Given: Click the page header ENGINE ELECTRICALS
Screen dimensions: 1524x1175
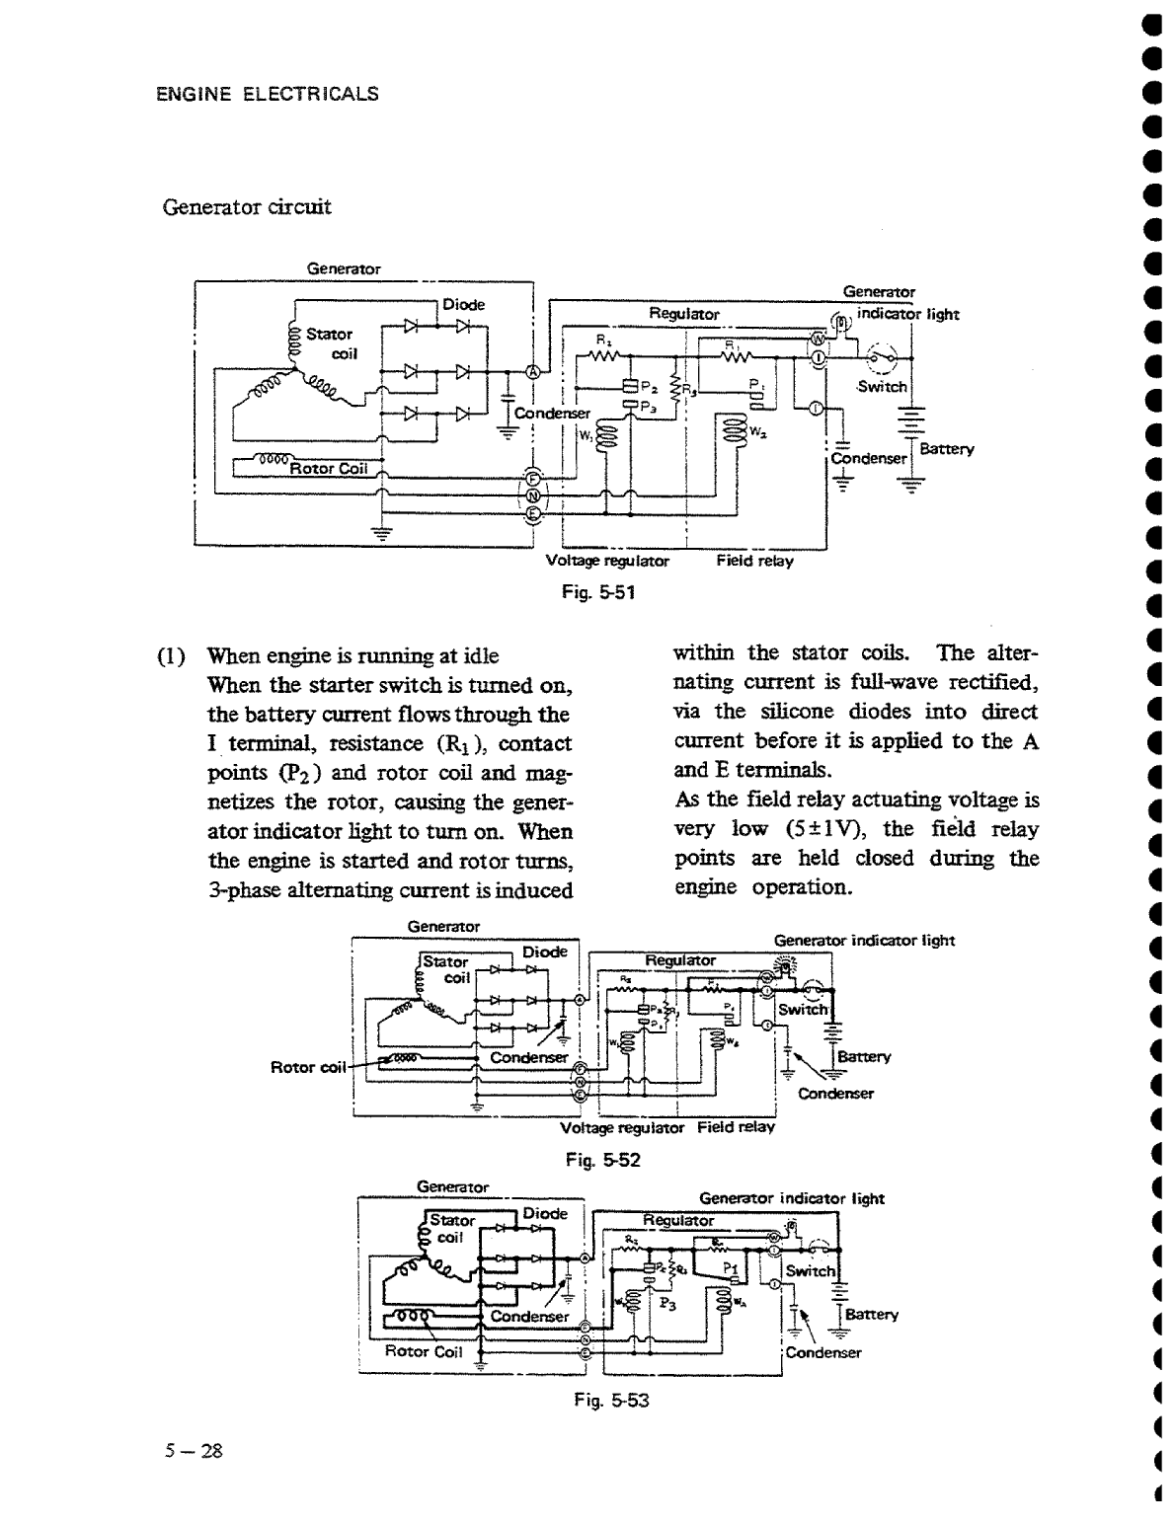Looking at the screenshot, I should pos(268,95).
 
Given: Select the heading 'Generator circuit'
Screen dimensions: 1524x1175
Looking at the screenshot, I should pos(247,207).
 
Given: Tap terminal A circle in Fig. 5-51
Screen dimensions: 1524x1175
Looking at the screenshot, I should pos(533,372).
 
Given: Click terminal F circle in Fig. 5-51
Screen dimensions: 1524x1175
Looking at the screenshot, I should pos(533,477).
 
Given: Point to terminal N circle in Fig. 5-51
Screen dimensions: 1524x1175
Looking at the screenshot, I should pos(533,495).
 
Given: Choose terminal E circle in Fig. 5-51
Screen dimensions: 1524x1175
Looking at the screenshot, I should pos(533,513).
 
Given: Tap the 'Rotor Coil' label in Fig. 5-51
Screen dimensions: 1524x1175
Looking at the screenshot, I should pos(328,469).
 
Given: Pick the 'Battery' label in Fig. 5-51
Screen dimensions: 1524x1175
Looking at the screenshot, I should pos(946,449).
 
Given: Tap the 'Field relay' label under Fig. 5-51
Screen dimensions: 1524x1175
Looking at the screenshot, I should pos(754,561).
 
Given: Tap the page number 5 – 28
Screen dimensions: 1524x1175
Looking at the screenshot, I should pos(195,1451).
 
